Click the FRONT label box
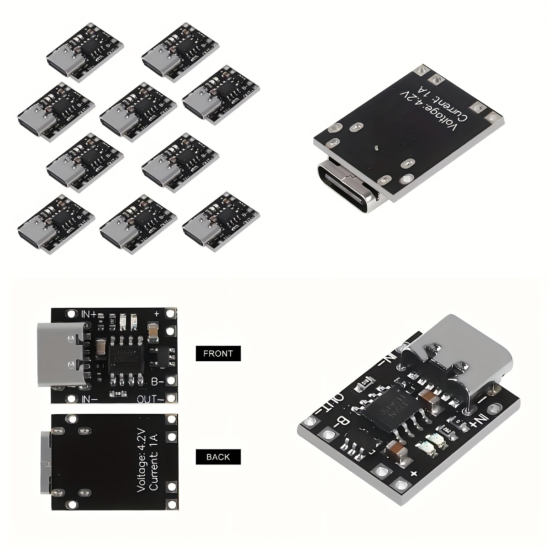(218, 353)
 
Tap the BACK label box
(218, 457)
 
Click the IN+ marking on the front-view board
(89, 314)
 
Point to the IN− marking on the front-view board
(89, 399)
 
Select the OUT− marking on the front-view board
(151, 399)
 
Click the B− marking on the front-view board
(158, 381)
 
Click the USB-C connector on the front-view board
(62, 355)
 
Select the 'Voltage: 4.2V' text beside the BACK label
(141, 460)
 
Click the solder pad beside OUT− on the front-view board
(171, 399)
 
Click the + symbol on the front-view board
(157, 314)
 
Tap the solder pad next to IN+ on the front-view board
(70, 314)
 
